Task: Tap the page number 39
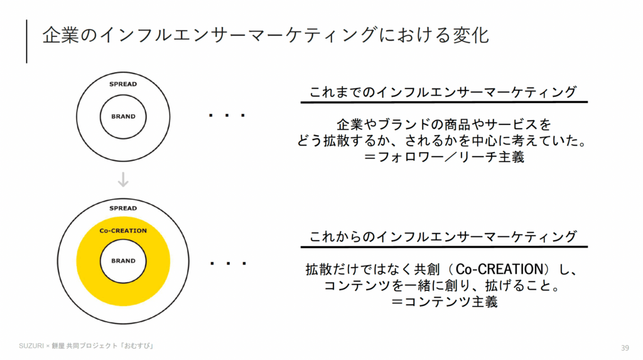(x=624, y=348)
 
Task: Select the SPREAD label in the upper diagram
(x=123, y=84)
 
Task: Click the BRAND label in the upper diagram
(x=123, y=117)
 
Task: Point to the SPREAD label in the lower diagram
(x=123, y=208)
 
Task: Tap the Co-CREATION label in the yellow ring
(x=123, y=231)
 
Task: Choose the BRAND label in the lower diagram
(x=123, y=261)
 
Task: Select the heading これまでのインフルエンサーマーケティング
(x=443, y=92)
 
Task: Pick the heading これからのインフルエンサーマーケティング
(x=443, y=237)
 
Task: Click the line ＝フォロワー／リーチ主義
(x=443, y=157)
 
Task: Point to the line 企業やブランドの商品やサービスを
(x=443, y=124)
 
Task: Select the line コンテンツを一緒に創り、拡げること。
(x=443, y=286)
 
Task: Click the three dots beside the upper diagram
(x=226, y=116)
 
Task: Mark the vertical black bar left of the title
(x=27, y=41)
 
